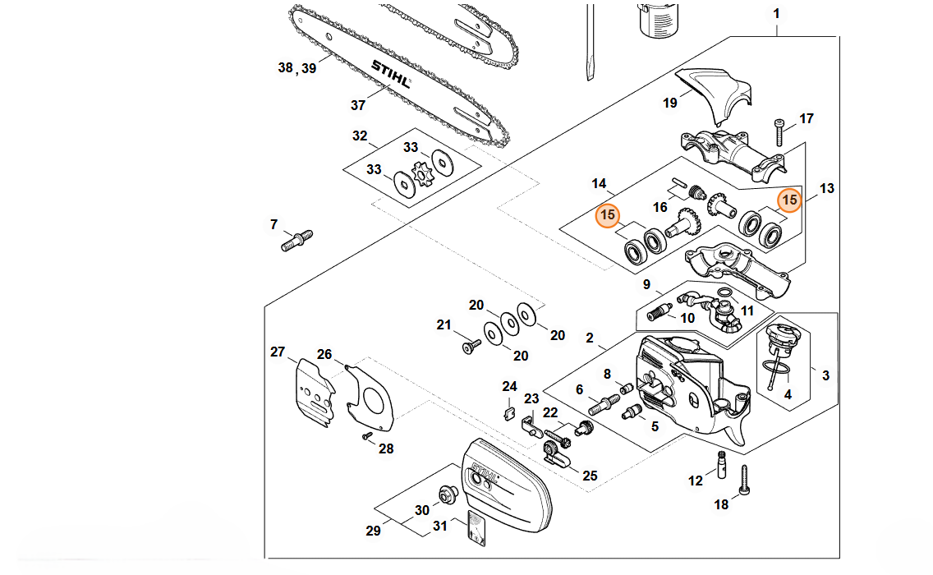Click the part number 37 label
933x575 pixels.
(x=358, y=105)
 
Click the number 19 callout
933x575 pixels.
(x=670, y=103)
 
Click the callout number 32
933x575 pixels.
(x=360, y=136)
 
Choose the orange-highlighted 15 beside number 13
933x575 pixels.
(x=789, y=200)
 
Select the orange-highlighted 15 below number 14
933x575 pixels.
(x=608, y=216)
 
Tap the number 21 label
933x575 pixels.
(x=444, y=325)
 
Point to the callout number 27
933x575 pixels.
(x=278, y=352)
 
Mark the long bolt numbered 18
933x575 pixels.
(x=746, y=479)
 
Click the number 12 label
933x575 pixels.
(x=696, y=481)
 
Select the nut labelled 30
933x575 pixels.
(x=448, y=494)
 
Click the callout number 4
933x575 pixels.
(x=788, y=394)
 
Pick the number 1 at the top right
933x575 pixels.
(x=777, y=14)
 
